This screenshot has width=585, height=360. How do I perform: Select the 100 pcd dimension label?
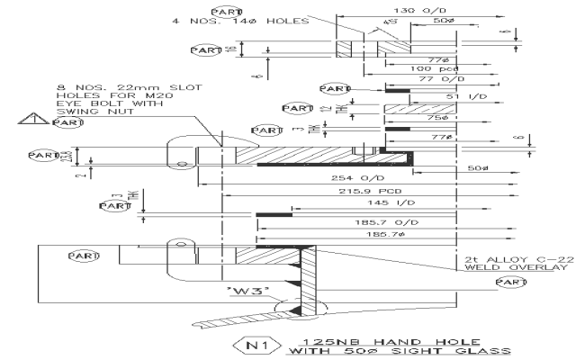pyautogui.click(x=427, y=69)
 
